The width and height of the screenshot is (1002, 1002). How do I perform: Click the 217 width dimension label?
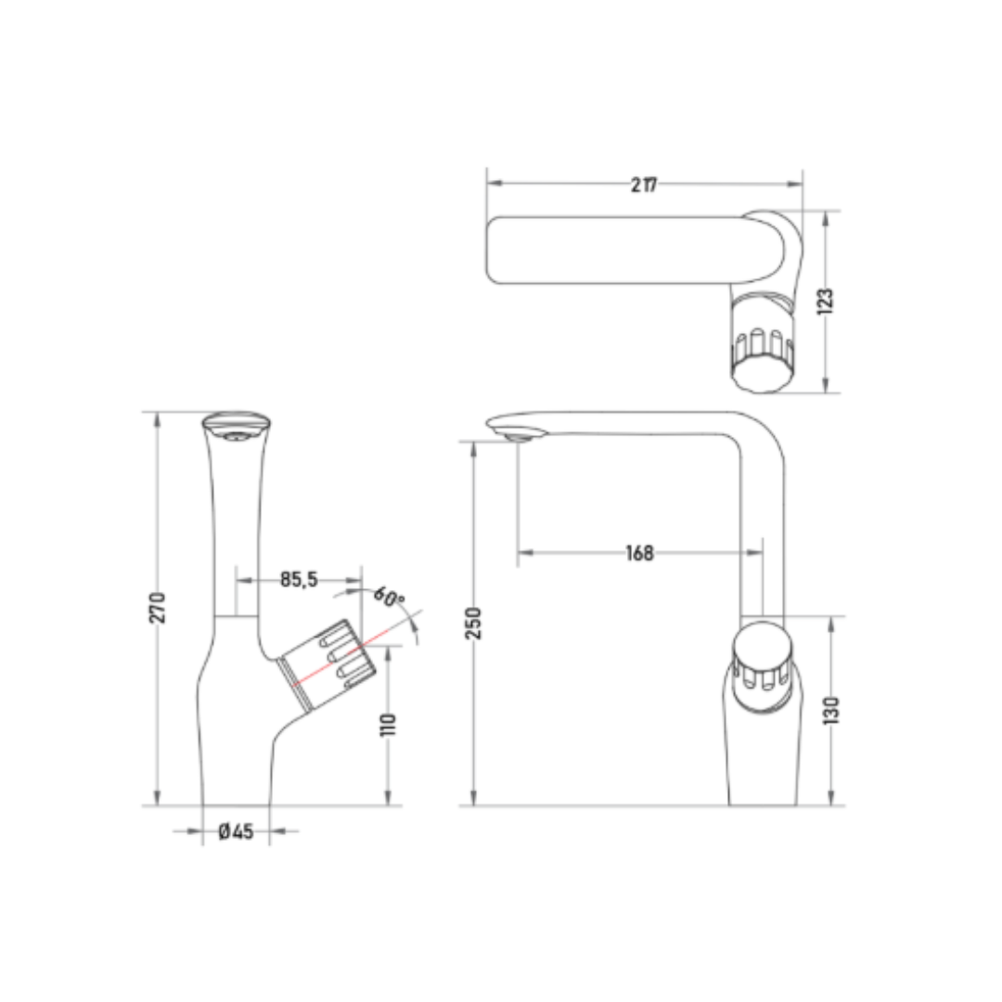click(644, 185)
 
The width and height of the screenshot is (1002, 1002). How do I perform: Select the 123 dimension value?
click(825, 301)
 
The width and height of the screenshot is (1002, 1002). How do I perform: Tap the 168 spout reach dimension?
click(639, 553)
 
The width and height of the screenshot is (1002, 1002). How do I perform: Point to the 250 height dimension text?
click(473, 623)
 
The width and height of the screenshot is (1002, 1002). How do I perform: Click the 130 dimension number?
click(830, 711)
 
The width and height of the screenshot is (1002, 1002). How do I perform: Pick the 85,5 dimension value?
click(299, 580)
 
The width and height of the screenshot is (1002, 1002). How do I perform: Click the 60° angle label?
click(389, 597)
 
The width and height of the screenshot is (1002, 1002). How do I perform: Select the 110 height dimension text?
click(388, 725)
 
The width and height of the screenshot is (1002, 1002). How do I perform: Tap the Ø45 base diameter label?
click(236, 831)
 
